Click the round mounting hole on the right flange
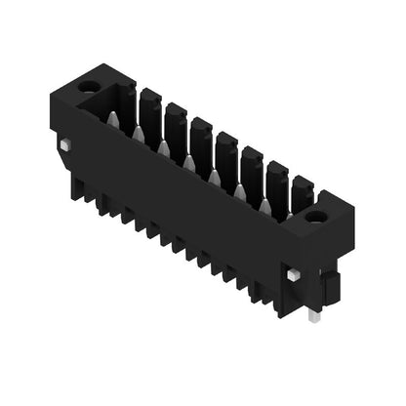click(316, 215)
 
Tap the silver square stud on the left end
click(64, 145)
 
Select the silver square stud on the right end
click(293, 276)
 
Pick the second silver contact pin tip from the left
click(139, 133)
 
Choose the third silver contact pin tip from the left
click(164, 147)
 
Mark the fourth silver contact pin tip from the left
click(189, 162)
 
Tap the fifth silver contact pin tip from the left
click(215, 177)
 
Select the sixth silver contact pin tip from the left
click(240, 191)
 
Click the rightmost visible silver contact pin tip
click(264, 205)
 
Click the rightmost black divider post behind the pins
click(302, 189)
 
